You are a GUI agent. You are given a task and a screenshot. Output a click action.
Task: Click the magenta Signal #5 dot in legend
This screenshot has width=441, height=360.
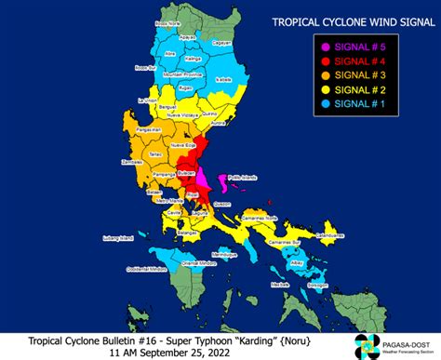[326, 47]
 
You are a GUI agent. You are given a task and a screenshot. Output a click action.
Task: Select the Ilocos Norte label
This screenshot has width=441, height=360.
[168, 21]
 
